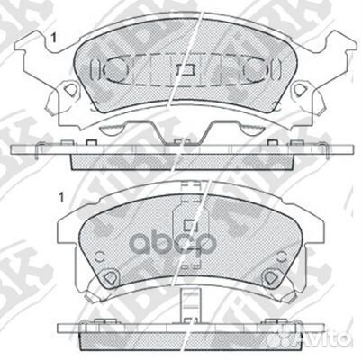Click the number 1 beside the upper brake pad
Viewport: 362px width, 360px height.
(x=57, y=37)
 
